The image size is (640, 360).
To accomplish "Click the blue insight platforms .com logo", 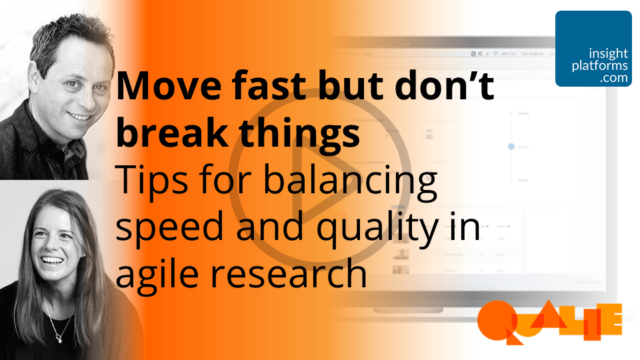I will coord(593,49).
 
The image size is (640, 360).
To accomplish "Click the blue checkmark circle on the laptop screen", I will coord(511,146).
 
